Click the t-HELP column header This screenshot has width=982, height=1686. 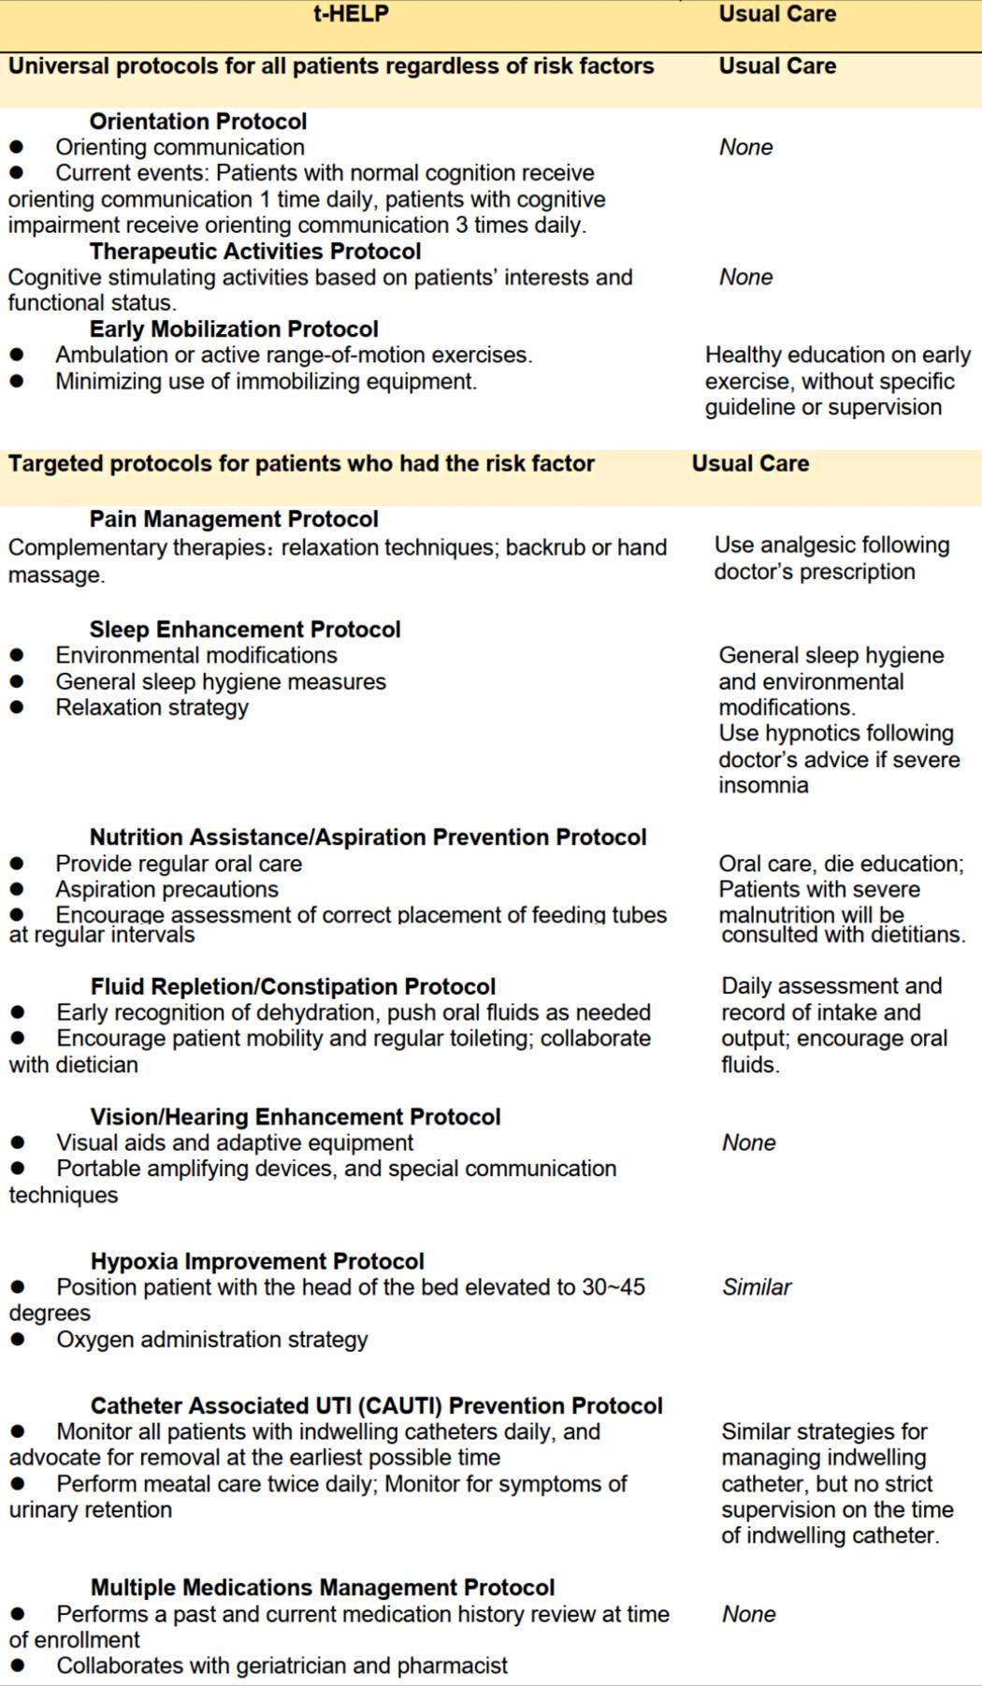351,14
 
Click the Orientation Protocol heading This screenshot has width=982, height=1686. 197,122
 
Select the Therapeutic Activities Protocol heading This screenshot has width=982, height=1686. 254,252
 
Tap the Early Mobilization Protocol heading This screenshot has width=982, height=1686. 234,329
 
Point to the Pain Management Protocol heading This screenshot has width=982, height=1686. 234,519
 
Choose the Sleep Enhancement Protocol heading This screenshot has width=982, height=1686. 245,630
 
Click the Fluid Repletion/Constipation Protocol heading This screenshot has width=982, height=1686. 293,987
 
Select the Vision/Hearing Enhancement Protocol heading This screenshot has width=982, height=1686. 296,1117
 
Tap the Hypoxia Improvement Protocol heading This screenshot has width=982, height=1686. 257,1261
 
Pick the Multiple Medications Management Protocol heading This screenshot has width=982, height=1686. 323,1588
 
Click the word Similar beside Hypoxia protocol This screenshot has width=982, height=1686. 757,1287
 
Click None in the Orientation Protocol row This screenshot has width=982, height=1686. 745,148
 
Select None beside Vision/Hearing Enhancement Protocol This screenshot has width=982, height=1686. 748,1142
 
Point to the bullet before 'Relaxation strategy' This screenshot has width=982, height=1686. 17,707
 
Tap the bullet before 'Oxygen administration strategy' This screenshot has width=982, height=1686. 18,1340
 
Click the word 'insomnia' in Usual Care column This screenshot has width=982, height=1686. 763,785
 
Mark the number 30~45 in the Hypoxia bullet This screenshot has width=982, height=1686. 614,1287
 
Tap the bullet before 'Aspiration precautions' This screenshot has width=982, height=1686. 17,890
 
